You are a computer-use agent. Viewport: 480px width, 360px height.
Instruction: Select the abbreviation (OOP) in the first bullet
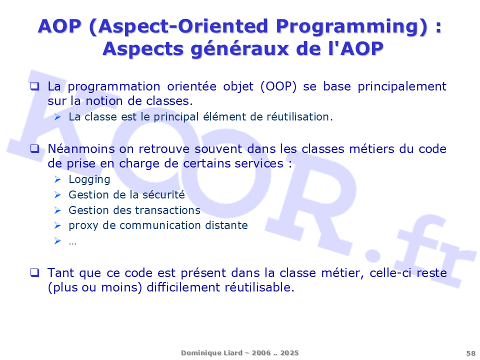click(x=278, y=86)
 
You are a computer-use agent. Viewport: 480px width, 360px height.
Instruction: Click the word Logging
click(x=89, y=179)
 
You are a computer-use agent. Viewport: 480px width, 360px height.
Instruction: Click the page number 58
click(x=470, y=353)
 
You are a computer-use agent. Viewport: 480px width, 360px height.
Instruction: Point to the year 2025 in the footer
click(x=289, y=353)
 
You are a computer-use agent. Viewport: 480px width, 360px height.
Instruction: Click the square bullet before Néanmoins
click(x=34, y=149)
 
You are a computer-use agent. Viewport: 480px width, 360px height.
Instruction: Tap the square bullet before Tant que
click(x=34, y=272)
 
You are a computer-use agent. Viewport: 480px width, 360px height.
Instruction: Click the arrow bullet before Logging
click(x=57, y=179)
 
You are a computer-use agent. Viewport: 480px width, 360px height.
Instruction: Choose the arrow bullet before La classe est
click(x=57, y=116)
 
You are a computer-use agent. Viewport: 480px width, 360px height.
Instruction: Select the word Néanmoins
click(x=81, y=149)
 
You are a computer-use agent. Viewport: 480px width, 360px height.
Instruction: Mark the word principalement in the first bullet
click(x=402, y=87)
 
